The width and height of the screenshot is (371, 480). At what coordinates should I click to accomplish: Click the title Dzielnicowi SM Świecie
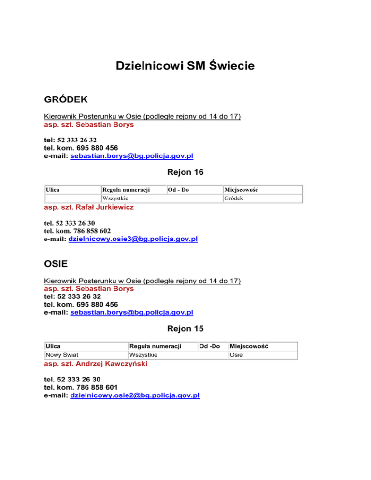[185, 65]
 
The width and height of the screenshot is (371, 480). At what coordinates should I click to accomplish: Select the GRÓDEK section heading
[66, 99]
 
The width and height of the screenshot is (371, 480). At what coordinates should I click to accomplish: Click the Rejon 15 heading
[185, 329]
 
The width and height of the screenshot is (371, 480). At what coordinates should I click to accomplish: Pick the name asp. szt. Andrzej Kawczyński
[95, 364]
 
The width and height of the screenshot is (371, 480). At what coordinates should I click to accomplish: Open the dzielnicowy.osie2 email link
[135, 395]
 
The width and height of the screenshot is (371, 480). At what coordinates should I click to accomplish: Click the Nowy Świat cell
[62, 355]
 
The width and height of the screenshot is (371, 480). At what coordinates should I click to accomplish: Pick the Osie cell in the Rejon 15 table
[236, 355]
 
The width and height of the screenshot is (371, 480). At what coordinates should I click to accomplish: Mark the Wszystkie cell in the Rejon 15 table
[143, 355]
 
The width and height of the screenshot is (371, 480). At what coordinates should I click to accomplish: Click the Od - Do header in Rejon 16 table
[178, 190]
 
